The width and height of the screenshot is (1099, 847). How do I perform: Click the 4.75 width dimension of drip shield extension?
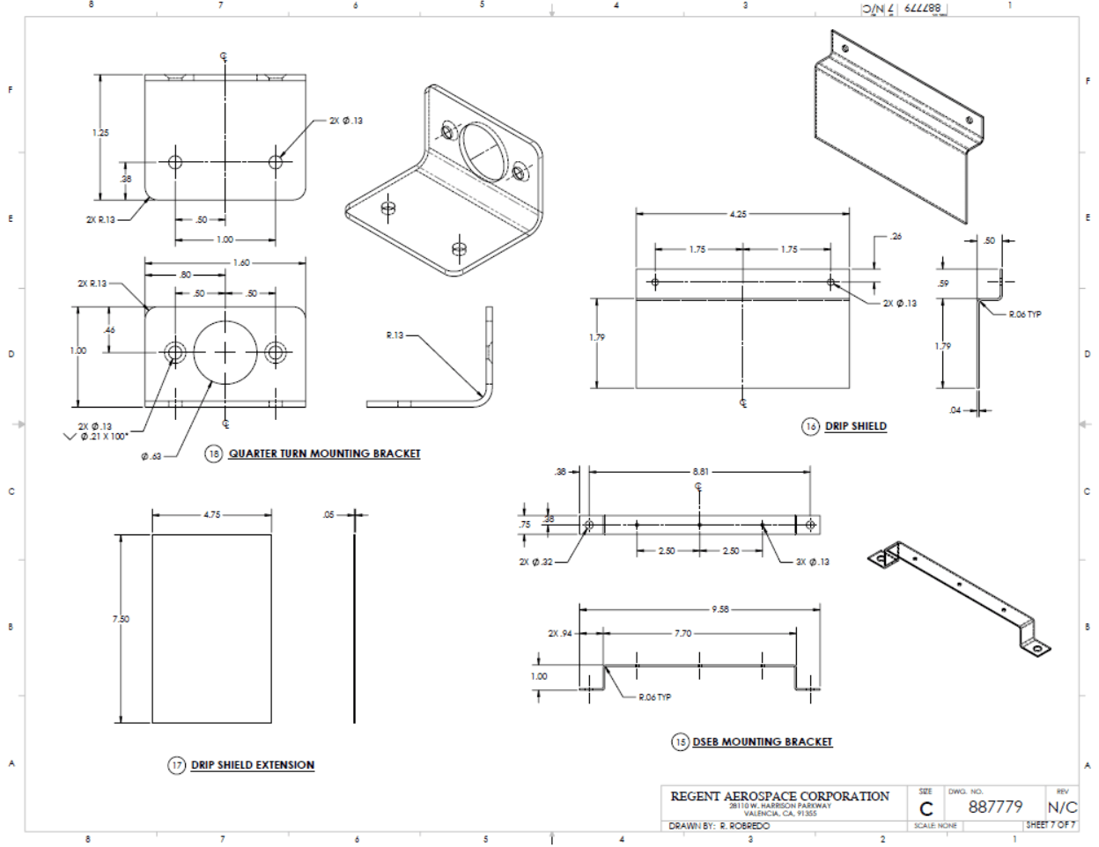point(212,515)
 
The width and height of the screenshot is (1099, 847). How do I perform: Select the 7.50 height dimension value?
point(121,619)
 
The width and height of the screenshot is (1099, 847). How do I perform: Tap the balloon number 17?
point(177,765)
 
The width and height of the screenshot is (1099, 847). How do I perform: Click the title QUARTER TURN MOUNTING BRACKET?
point(324,453)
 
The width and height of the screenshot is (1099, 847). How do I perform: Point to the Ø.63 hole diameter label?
point(151,457)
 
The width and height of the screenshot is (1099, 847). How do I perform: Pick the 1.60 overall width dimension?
point(241,262)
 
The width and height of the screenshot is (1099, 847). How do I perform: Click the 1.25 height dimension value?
point(100,133)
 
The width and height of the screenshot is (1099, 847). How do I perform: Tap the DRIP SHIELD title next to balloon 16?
point(855,426)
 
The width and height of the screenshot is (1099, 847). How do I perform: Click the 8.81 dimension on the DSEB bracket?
point(700,471)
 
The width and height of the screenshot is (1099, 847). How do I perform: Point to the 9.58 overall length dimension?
point(719,608)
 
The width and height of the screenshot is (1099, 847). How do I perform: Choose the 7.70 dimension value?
point(682,633)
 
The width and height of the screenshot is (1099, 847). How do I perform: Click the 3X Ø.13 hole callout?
point(812,562)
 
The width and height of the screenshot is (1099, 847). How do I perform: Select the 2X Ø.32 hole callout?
point(535,562)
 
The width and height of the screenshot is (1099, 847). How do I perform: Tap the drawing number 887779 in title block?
point(995,807)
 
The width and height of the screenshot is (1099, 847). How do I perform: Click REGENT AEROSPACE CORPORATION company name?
point(779,796)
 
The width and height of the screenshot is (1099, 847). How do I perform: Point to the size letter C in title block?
point(926,809)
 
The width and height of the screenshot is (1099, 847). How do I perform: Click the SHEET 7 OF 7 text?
point(1051,825)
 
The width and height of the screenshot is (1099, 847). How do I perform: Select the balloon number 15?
point(680,742)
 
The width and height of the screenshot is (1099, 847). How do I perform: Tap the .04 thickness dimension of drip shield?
point(956,409)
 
